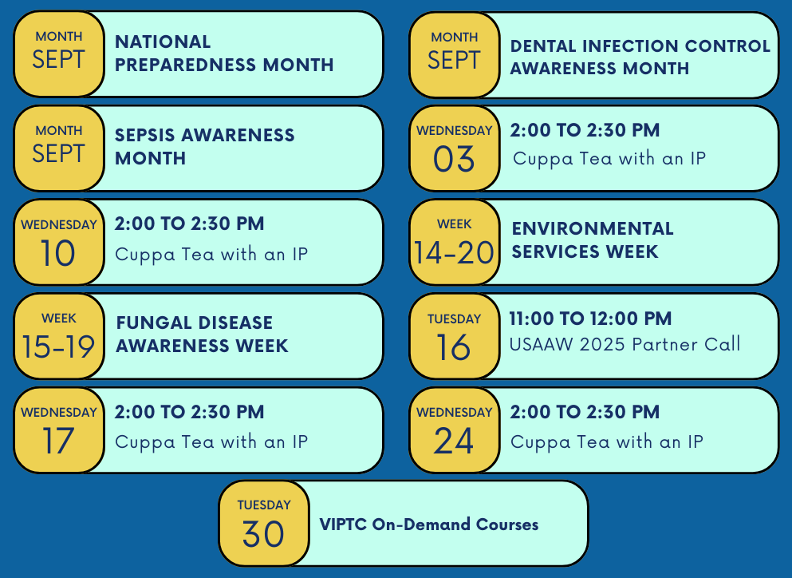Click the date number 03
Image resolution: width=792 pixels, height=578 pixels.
454,160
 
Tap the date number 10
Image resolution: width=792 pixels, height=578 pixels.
58,254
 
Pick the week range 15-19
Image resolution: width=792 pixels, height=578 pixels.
58,346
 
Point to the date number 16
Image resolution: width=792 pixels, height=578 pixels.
454,347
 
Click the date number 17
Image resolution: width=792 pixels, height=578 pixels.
58,441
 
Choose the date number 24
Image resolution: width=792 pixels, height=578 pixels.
454,441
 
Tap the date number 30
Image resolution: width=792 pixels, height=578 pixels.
263,534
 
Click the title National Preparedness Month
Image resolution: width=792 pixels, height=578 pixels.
224,53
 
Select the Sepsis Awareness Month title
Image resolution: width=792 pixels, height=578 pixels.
204,147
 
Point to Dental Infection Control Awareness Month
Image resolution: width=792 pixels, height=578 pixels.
640,57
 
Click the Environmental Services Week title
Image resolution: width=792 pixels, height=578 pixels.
592,240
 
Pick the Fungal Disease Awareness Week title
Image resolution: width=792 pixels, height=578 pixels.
202,335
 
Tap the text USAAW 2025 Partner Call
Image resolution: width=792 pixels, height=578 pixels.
625,345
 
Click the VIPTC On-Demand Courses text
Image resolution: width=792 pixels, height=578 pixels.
428,525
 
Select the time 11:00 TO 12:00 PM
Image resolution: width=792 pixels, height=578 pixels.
590,319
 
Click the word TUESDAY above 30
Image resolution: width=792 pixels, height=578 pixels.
263,505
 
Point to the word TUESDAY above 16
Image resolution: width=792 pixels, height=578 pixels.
454,319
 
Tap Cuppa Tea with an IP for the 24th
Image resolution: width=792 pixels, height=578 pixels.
606,441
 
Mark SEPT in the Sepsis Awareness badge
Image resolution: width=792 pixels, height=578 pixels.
58,153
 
